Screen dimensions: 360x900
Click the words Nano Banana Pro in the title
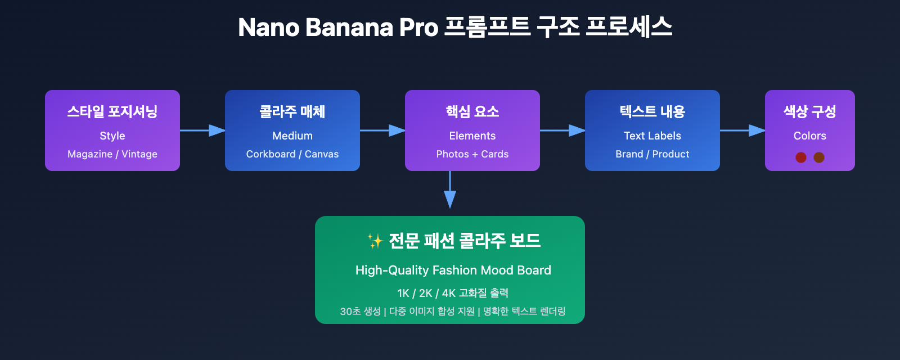(337, 28)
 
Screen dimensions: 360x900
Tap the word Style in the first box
(112, 136)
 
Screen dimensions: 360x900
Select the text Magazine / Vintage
(112, 154)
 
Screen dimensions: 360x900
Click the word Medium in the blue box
(292, 136)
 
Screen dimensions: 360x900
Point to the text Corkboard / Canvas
(292, 154)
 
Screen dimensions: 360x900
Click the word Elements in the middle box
(472, 136)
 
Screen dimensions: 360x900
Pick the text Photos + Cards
(472, 154)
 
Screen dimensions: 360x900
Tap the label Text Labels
(652, 136)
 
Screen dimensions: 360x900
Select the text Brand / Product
(652, 154)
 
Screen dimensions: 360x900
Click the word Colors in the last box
(810, 136)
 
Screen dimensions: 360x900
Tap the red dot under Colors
(801, 157)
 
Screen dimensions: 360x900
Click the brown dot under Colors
(819, 157)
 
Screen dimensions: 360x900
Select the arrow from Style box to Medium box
(202, 130)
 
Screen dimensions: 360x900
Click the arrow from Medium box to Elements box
(382, 130)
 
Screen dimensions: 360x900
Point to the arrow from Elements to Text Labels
(562, 130)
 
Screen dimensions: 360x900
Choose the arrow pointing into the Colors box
(742, 130)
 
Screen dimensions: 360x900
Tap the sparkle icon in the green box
(375, 241)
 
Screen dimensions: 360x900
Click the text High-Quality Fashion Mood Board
(453, 270)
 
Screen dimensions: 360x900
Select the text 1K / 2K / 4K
(426, 293)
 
